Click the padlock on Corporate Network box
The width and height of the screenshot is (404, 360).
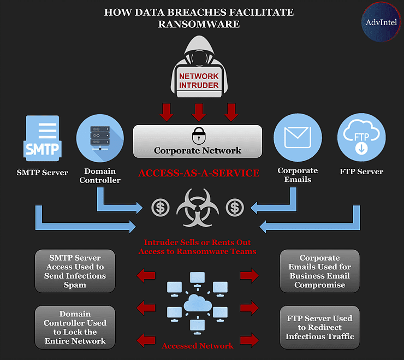pyautogui.click(x=198, y=134)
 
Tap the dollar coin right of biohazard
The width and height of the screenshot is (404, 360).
pyautogui.click(x=235, y=208)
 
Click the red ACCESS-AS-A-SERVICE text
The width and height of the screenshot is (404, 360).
pyautogui.click(x=198, y=174)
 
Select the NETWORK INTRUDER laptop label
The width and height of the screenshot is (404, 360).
pyautogui.click(x=199, y=81)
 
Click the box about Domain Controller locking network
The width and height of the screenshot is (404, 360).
pyautogui.click(x=75, y=328)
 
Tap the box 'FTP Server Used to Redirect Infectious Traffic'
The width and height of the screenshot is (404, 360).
pyautogui.click(x=319, y=328)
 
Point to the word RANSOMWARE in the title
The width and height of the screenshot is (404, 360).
pyautogui.click(x=198, y=24)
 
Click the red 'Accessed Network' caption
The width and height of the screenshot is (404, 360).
pyautogui.click(x=198, y=346)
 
